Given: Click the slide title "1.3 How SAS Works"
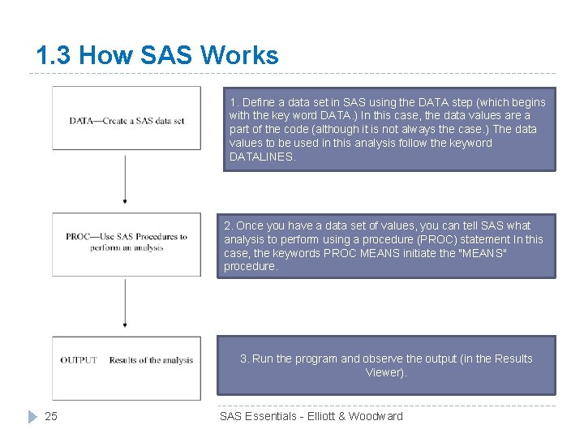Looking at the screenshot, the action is coord(157,55).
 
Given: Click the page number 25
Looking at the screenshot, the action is coord(51,417).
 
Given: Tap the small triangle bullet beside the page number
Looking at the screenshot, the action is coord(32,417).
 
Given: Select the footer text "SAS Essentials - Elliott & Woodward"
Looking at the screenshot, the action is coord(311,416).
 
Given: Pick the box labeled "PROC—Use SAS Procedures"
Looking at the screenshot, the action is coord(127,243).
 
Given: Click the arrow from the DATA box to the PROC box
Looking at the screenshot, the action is coord(125,178).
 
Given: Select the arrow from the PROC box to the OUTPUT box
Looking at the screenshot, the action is coord(125,303).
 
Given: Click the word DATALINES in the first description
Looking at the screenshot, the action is coord(261,157).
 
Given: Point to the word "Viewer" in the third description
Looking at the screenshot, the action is coord(384,372).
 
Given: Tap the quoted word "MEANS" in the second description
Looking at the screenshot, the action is coord(483,253).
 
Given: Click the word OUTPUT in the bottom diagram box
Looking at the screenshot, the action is coord(79,360).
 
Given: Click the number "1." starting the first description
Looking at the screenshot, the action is coord(234,102).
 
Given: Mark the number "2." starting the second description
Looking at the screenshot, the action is coord(229,225).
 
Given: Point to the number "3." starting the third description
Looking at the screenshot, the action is coord(244,359).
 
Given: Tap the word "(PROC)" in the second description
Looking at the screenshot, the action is coord(453,239).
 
